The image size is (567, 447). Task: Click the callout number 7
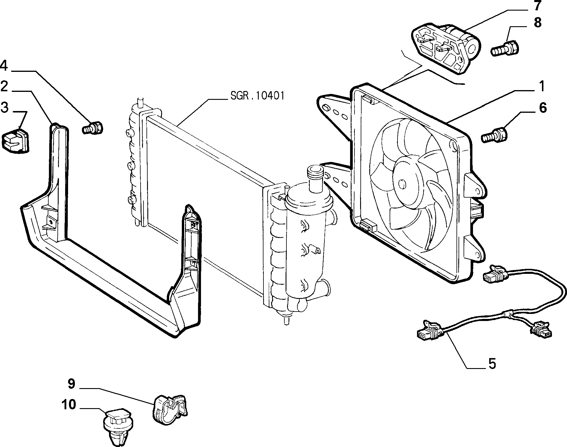pos(537,6)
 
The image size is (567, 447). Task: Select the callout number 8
pos(538,23)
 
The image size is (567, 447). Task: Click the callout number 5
pos(492,364)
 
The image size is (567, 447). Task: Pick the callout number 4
pos(4,65)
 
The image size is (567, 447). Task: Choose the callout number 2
pos(4,87)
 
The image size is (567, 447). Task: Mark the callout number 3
pos(4,107)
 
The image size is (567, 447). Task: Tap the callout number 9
pos(72,384)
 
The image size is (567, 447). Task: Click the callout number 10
pos(69,405)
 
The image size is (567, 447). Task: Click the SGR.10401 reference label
pos(257,96)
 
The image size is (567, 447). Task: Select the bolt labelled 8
pos(505,49)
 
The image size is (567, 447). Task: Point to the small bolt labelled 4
pos(93,128)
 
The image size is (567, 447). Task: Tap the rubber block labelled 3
pos(16,142)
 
